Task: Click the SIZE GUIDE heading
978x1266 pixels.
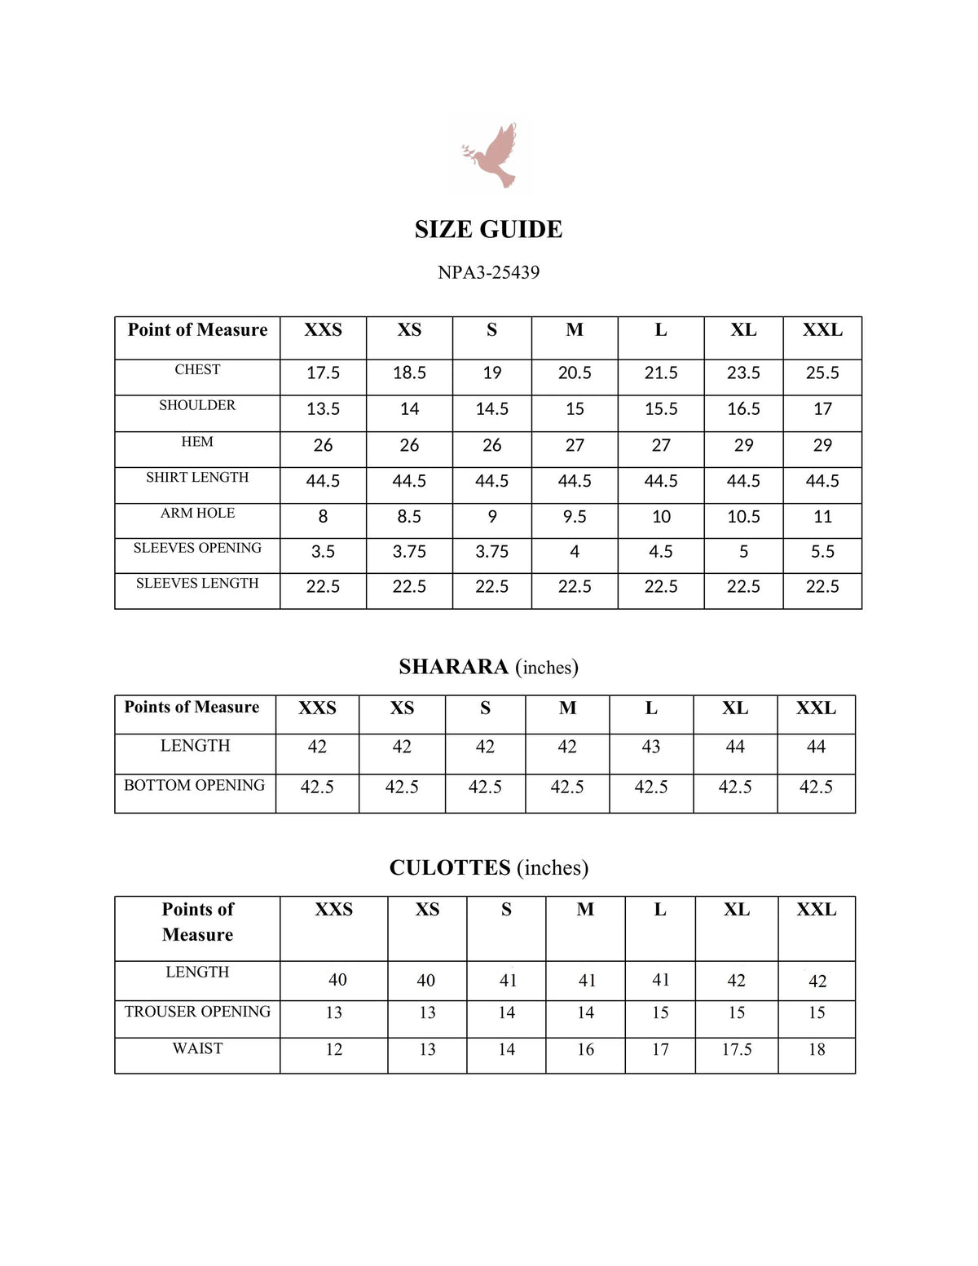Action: click(488, 229)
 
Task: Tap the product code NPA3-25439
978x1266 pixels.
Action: click(488, 272)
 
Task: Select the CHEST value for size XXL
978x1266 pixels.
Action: click(822, 373)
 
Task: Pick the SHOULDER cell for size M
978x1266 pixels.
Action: click(575, 408)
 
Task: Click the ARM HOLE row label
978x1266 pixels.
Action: click(197, 513)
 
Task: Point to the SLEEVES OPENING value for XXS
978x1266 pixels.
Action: click(323, 552)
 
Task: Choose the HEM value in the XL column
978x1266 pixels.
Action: click(743, 445)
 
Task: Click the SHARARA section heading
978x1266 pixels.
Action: click(488, 667)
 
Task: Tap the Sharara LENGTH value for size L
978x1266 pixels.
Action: click(651, 747)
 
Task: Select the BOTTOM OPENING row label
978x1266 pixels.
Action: click(195, 785)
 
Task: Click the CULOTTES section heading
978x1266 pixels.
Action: click(488, 867)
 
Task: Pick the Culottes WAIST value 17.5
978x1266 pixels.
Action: click(737, 1049)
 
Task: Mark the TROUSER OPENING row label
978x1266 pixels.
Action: click(197, 1012)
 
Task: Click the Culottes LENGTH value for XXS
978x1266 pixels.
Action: click(337, 980)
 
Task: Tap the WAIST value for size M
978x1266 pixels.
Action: click(586, 1049)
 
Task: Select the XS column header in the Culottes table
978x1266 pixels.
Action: click(427, 910)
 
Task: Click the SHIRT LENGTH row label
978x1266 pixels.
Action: click(197, 477)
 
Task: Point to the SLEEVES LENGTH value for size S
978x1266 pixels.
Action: click(491, 587)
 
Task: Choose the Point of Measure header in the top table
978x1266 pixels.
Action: click(197, 330)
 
